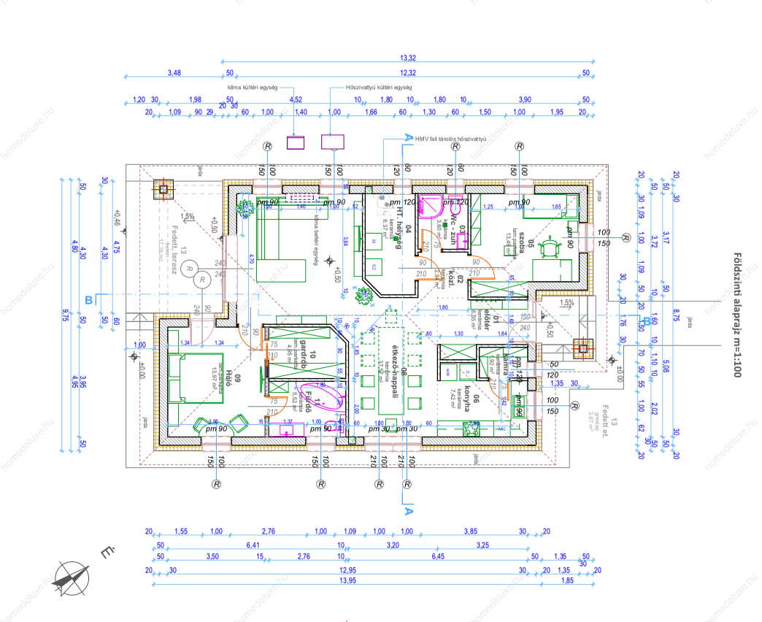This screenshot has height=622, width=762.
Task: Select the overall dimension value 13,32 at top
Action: [408, 58]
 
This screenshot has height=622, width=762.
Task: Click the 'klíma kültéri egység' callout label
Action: [252, 87]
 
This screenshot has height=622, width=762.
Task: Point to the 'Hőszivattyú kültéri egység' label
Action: [380, 87]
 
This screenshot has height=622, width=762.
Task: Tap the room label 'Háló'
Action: [228, 380]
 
